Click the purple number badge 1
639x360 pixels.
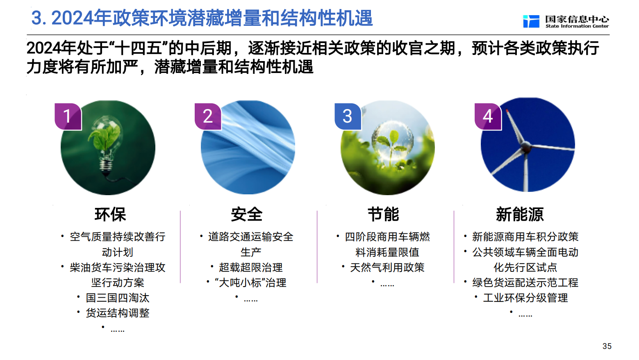[68, 116]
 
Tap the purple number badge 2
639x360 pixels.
[208, 116]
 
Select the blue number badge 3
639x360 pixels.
[348, 116]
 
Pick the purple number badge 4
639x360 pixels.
[488, 116]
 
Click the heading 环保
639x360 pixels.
[110, 214]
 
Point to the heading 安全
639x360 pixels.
[247, 214]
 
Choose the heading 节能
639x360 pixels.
[383, 214]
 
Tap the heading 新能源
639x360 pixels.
[520, 214]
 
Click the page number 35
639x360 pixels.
[607, 346]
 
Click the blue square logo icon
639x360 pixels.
[531, 21]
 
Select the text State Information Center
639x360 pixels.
[577, 26]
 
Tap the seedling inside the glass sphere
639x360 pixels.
[392, 146]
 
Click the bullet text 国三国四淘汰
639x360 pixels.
[118, 298]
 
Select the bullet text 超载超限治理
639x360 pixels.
[251, 268]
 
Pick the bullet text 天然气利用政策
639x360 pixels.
[387, 268]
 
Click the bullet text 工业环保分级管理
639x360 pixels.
[525, 298]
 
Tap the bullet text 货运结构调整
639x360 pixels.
[118, 313]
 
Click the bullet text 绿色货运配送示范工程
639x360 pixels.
[525, 283]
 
